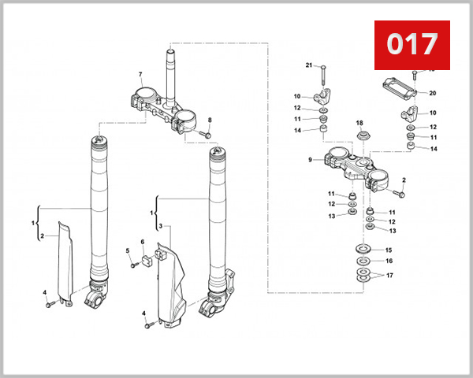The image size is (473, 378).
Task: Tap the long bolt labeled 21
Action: [322, 75]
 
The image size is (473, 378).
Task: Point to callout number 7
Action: [140, 76]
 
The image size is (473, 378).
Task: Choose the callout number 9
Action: [311, 161]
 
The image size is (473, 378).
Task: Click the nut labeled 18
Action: [361, 138]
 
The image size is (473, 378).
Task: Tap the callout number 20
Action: [433, 93]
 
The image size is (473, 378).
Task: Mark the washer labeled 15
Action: [363, 250]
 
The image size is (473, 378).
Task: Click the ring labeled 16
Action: [363, 261]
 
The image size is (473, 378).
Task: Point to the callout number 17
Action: [388, 276]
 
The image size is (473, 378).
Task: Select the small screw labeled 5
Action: [135, 264]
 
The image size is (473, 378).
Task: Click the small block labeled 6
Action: [146, 256]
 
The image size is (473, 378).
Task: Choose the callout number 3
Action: [159, 226]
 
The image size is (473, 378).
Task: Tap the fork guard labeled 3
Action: [169, 283]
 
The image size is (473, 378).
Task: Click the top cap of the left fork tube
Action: [99, 143]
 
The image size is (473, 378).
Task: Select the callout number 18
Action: [359, 124]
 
